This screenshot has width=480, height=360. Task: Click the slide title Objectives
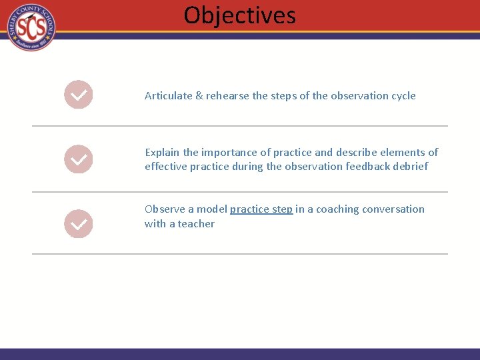[x=239, y=15]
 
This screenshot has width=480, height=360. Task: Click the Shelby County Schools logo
[x=31, y=27]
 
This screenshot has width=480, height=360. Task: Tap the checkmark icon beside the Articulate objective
[x=78, y=95]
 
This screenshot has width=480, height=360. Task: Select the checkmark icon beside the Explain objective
[x=78, y=159]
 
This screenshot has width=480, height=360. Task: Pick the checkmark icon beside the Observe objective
[x=78, y=224]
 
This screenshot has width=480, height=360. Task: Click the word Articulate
[x=168, y=96]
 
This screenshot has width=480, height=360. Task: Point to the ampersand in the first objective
[x=199, y=96]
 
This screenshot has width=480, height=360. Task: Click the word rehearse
[x=227, y=96]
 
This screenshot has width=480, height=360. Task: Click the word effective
[x=166, y=167]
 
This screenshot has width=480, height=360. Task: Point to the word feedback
[x=366, y=167]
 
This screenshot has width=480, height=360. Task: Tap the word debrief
[x=410, y=167]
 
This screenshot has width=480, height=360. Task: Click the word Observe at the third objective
[x=165, y=209]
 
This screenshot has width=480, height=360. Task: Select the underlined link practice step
[x=261, y=209]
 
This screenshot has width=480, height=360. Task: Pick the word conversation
[x=393, y=209]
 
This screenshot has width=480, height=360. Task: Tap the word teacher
[x=196, y=224]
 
